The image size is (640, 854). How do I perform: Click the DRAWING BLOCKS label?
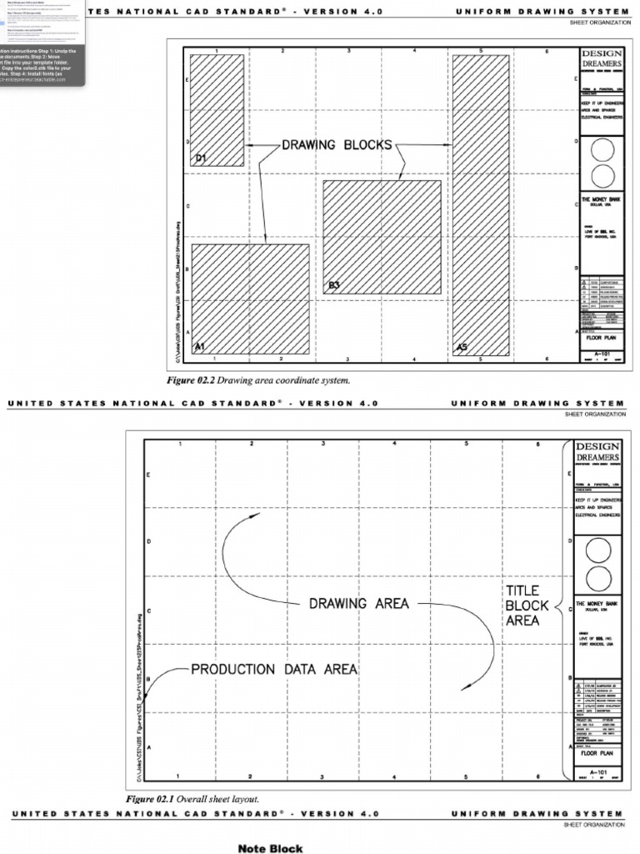click(x=337, y=145)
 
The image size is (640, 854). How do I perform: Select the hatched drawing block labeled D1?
click(x=217, y=108)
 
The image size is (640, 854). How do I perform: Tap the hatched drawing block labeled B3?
click(x=382, y=237)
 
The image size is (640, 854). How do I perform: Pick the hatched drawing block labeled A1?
click(x=250, y=299)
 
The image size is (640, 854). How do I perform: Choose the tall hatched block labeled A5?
click(x=480, y=205)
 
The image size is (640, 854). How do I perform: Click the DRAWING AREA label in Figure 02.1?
click(x=359, y=603)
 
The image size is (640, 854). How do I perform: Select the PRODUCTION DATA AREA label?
click(x=274, y=669)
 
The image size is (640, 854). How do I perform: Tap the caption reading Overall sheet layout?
click(x=192, y=799)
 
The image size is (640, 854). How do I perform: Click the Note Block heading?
click(x=270, y=848)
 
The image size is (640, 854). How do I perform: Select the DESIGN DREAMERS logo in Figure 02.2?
click(x=601, y=59)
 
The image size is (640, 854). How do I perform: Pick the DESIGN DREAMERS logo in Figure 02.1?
click(x=597, y=453)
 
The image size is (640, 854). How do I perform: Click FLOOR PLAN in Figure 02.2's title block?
click(x=601, y=339)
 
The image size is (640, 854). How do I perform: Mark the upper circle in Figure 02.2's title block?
click(x=601, y=150)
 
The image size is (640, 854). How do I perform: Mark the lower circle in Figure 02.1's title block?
click(x=597, y=577)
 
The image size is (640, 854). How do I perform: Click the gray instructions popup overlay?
click(x=42, y=42)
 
